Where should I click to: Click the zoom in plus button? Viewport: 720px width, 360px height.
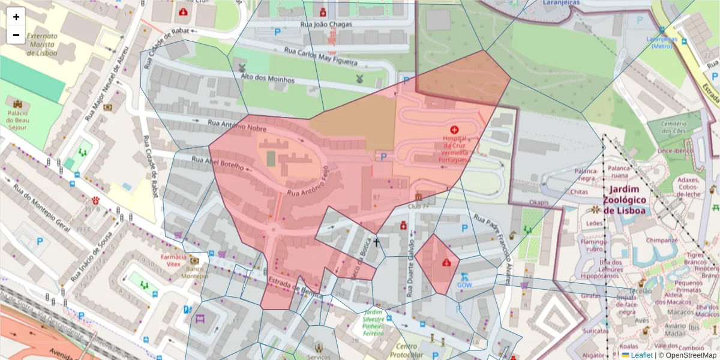(16, 17)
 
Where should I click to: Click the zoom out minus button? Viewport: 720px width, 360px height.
(16, 35)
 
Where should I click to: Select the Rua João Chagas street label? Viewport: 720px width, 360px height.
(326, 25)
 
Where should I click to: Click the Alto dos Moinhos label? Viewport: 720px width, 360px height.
(267, 79)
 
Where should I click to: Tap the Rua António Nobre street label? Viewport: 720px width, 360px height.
(236, 125)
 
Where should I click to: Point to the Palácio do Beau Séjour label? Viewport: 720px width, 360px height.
(18, 120)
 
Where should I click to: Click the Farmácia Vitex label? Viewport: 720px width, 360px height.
(170, 260)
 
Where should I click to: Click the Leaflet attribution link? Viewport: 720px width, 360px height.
(641, 355)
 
